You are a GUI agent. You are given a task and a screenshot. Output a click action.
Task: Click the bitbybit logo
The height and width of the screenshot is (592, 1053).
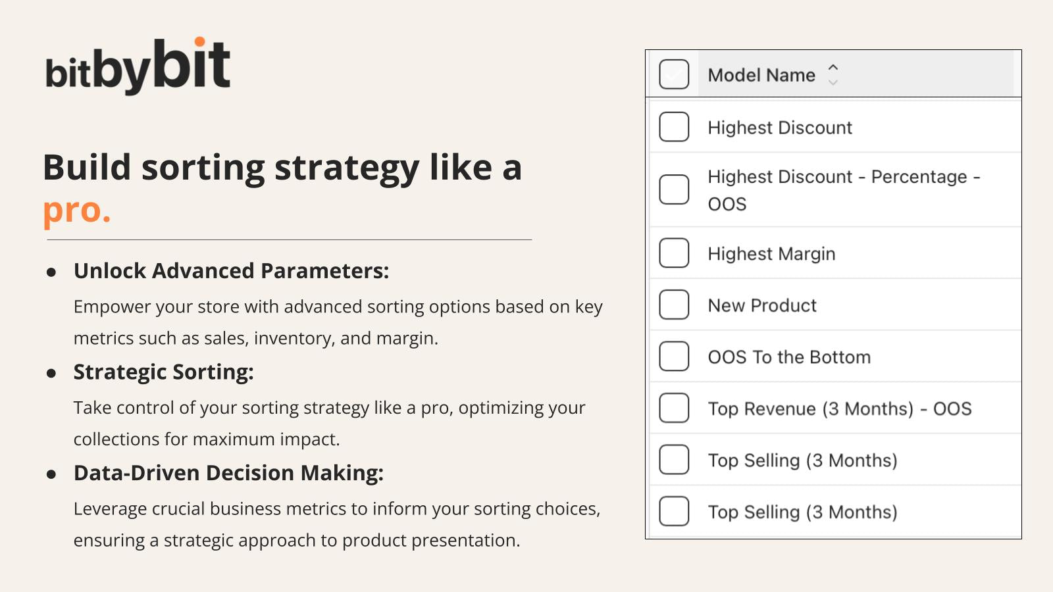pos(138,66)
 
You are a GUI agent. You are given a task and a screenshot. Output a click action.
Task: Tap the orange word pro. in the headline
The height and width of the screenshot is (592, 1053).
pos(76,210)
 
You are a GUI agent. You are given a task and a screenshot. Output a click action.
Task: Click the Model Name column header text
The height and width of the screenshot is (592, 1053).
pos(761,75)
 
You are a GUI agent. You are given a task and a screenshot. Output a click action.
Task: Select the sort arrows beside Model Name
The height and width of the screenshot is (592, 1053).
pos(833,74)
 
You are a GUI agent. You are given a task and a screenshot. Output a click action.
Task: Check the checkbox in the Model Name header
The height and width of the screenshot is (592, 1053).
pos(674,74)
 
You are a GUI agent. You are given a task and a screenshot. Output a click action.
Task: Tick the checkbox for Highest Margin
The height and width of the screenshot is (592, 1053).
pos(674,253)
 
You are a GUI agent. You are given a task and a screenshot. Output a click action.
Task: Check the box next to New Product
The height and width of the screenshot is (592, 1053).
pos(674,305)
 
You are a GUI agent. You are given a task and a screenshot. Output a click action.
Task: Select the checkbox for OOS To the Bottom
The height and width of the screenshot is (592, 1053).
pos(674,357)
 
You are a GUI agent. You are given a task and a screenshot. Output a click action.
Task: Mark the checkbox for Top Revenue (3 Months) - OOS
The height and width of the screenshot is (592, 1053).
pos(674,408)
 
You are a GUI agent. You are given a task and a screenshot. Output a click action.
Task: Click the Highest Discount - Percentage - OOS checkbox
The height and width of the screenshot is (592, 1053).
pos(674,189)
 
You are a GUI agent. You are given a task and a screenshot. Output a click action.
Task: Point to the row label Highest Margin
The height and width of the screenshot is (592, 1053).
pos(771,254)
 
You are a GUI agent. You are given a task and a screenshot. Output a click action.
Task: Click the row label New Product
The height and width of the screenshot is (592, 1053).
pos(762,305)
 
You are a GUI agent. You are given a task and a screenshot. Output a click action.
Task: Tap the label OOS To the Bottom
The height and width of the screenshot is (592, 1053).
pos(789,357)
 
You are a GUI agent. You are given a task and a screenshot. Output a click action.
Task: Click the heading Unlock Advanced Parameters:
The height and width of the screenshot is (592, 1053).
pos(231,271)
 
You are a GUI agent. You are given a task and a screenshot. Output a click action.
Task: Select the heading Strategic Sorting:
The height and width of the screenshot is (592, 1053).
pos(163,372)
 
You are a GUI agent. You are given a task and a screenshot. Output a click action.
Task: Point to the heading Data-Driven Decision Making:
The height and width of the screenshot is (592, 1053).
pos(228,473)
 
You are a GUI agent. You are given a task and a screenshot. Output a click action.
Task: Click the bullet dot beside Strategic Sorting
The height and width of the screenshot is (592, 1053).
pos(51,374)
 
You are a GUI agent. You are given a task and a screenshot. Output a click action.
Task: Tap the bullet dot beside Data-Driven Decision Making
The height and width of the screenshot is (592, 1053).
pos(51,474)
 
